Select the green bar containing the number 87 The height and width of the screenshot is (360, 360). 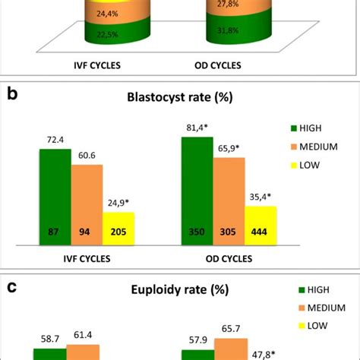(55, 197)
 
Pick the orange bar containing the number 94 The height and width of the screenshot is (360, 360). (87, 205)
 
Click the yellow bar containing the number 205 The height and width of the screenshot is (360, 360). (118, 228)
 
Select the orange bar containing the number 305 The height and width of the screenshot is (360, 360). (229, 201)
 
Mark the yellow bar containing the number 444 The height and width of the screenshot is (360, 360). (261, 225)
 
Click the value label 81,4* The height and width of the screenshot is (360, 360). (197, 128)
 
